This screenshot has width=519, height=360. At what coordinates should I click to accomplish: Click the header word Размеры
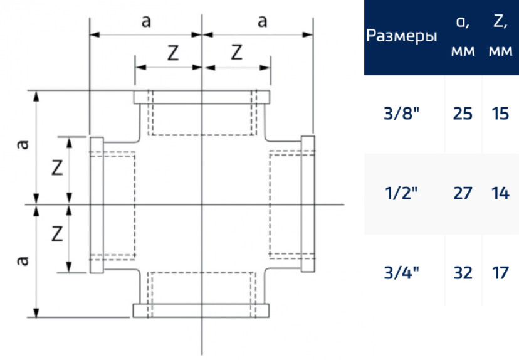click(x=402, y=36)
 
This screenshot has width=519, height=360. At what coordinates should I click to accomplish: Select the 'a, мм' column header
click(x=463, y=36)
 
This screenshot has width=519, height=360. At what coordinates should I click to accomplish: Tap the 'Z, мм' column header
click(x=500, y=36)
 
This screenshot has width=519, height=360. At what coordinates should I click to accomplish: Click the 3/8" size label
click(x=402, y=114)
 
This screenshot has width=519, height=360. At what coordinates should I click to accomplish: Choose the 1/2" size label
click(x=402, y=193)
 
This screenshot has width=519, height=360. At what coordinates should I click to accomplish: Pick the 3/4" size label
click(x=402, y=273)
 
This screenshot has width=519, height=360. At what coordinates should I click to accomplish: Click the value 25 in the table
click(x=463, y=114)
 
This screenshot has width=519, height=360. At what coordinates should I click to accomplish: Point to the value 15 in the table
click(x=500, y=114)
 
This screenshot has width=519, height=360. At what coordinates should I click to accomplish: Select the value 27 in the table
click(x=463, y=193)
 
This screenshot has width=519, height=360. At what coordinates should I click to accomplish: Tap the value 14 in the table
click(x=500, y=193)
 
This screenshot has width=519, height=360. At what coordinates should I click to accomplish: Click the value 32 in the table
click(x=463, y=273)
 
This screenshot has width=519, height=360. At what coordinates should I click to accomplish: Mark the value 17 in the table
click(x=500, y=273)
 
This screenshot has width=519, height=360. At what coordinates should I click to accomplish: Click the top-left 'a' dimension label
click(x=146, y=21)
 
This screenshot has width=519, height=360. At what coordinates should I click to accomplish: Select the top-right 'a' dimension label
click(x=263, y=21)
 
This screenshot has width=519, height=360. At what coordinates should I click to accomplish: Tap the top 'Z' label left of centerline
click(x=173, y=53)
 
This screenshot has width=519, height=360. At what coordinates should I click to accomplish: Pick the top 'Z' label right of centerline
click(x=236, y=52)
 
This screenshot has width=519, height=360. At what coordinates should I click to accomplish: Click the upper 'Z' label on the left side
click(x=57, y=167)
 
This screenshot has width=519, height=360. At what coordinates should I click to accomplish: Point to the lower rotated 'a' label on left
click(x=23, y=261)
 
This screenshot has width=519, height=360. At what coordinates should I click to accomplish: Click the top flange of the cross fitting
click(x=202, y=97)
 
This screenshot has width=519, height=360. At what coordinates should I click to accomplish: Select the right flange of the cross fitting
click(x=308, y=204)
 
